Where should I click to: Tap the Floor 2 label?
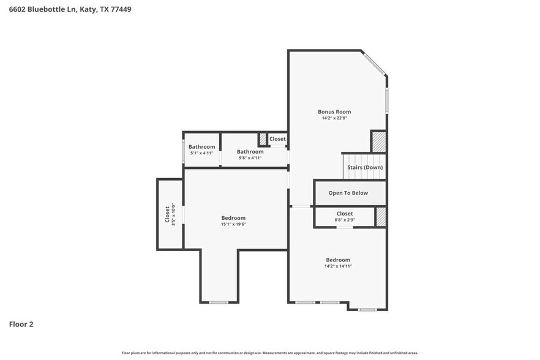tap(21, 324)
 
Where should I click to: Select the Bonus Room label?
tap(334, 111)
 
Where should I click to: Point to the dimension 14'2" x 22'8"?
tap(334, 118)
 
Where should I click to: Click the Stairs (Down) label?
tap(365, 167)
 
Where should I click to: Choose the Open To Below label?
tap(348, 193)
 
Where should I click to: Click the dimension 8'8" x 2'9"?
tap(344, 220)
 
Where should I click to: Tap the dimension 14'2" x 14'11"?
tap(338, 266)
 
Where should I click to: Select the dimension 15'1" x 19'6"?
tap(233, 224)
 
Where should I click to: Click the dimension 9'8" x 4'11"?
tap(250, 158)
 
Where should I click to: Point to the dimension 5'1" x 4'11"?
tap(201, 153)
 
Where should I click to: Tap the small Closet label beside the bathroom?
tap(277, 139)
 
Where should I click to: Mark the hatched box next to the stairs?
tap(379, 141)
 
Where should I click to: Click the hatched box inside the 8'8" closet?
tap(381, 217)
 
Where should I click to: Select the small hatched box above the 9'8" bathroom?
tap(263, 139)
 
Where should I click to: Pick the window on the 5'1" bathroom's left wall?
tap(184, 151)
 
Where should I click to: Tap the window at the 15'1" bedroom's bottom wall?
tap(219, 302)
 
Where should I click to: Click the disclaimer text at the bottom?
tap(269, 353)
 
